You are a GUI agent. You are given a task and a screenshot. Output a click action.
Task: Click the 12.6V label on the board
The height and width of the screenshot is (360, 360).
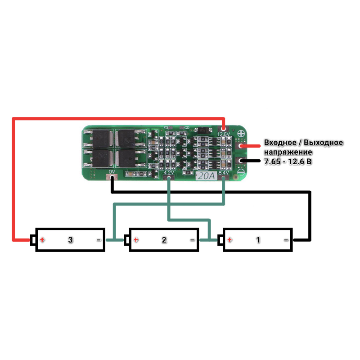tap(224, 134)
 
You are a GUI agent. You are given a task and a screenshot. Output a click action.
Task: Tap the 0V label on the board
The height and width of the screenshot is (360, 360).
tap(112, 172)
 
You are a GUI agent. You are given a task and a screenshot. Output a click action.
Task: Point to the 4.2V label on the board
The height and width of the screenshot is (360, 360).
tap(169, 173)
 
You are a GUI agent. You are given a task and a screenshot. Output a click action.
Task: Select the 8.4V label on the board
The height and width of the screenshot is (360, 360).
tap(224, 173)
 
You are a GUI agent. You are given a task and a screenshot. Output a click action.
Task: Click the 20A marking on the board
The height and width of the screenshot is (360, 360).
tap(206, 176)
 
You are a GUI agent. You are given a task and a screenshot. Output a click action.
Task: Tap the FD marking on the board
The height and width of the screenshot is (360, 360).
tap(166, 128)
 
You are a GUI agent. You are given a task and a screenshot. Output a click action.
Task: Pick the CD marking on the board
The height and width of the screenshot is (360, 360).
tap(187, 128)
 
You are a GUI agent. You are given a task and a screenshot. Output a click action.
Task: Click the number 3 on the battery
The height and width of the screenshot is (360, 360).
tap(70, 240)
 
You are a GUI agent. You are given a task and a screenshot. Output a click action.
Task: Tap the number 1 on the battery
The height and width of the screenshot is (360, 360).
tap(258, 240)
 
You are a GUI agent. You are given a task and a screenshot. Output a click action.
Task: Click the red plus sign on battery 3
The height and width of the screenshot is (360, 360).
tap(42, 240)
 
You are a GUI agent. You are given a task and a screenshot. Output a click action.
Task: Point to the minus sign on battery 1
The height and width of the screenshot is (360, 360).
tap(286, 240)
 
